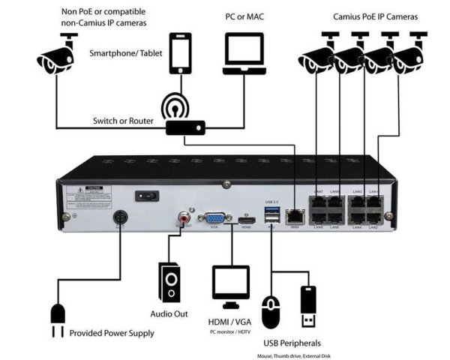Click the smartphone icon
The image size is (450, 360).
[x=181, y=54]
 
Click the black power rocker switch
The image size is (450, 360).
[x=146, y=196]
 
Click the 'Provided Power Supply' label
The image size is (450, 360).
[x=112, y=332]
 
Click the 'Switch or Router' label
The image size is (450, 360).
[x=122, y=121]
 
